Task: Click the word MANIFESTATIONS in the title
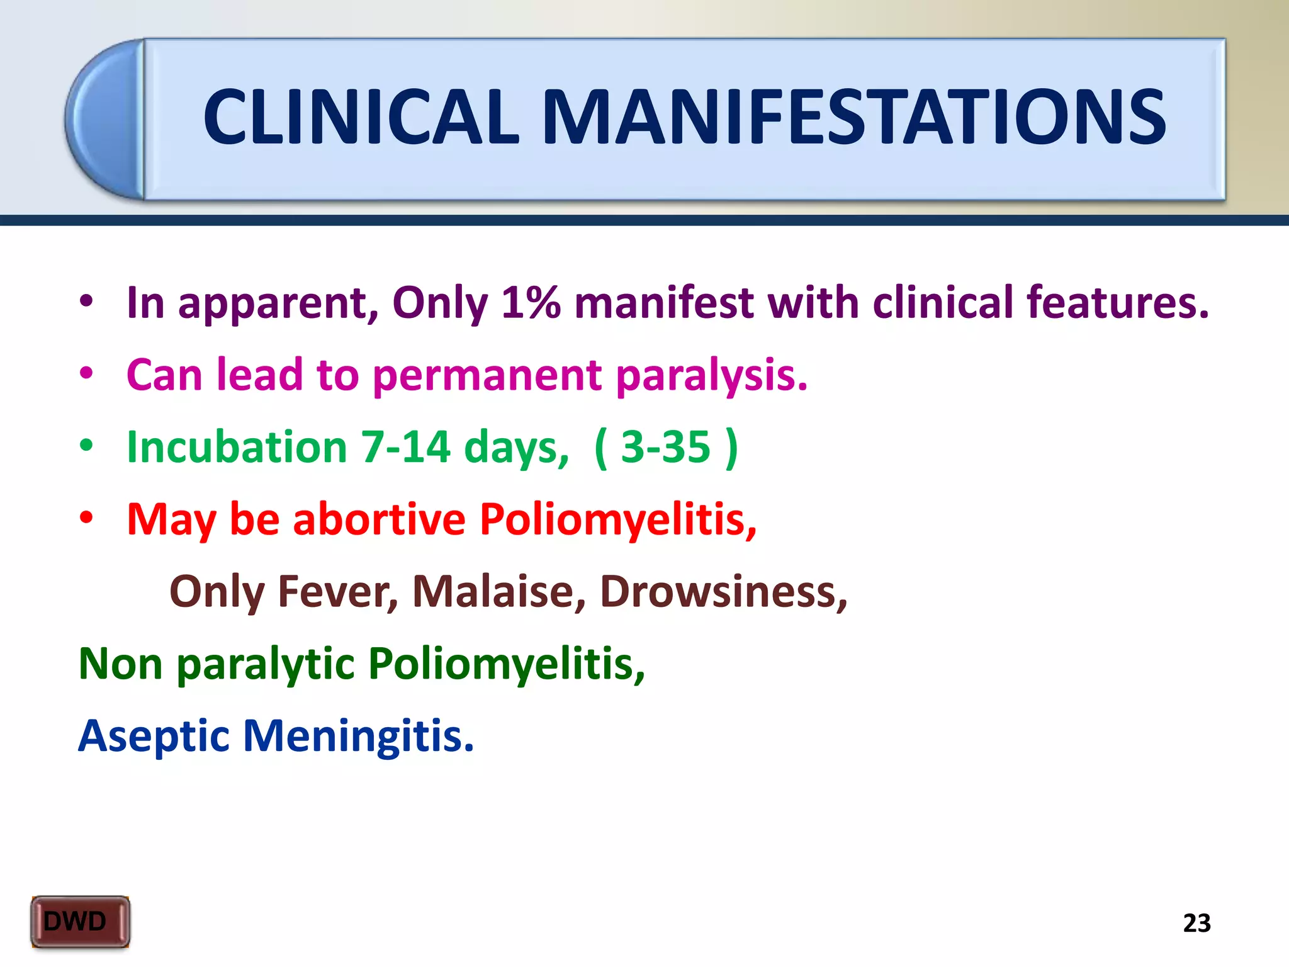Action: [x=853, y=117]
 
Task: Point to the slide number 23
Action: [x=1196, y=923]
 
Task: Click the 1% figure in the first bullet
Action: [x=531, y=303]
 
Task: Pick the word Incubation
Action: [x=237, y=447]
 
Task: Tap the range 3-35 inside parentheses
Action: [x=665, y=447]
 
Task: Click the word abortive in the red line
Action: [x=379, y=519]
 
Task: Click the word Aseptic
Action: [x=154, y=737]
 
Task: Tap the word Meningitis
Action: [x=358, y=737]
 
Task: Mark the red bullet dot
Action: [x=86, y=517]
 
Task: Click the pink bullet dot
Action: [x=86, y=373]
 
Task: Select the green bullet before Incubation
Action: [x=86, y=446]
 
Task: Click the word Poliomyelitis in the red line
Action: [x=617, y=519]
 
